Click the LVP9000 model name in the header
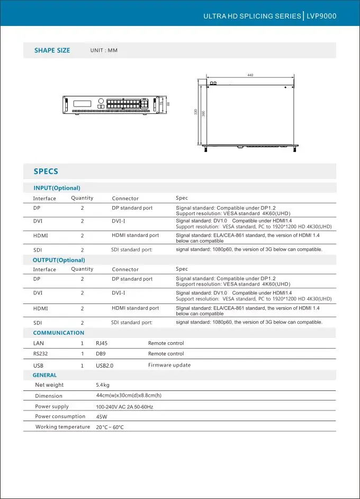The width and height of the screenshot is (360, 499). pos(322,16)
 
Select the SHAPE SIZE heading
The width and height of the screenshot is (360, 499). pos(52,50)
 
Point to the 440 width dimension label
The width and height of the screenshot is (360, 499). pos(250,75)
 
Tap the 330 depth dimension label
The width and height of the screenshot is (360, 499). pos(195,112)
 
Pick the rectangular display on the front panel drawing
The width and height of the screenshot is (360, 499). pos(82,103)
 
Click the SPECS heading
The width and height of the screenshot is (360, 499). pos(46,171)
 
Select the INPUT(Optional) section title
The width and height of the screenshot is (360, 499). pos(57,188)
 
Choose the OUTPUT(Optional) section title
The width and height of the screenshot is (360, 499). pos(59,260)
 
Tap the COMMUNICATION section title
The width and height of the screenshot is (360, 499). pos(58,333)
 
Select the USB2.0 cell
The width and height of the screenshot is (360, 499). pos(104,366)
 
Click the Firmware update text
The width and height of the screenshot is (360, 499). pos(169,365)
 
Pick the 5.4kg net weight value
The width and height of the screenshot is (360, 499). pos(103,385)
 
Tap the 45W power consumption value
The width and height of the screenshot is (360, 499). pos(101,417)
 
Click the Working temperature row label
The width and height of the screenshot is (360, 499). pos(62,427)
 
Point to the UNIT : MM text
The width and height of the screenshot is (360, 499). pos(104,50)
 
